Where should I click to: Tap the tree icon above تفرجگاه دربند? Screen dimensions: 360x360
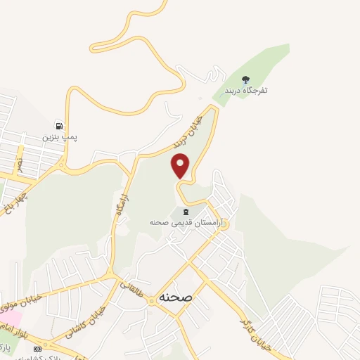[x=245, y=80]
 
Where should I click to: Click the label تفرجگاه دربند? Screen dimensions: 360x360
[x=246, y=91]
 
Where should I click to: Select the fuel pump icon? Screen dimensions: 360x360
[x=60, y=125]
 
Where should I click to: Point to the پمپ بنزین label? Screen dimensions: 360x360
[x=59, y=136]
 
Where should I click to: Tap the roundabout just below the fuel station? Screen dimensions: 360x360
[x=64, y=167]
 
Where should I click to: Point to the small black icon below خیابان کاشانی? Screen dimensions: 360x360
[x=37, y=348]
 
